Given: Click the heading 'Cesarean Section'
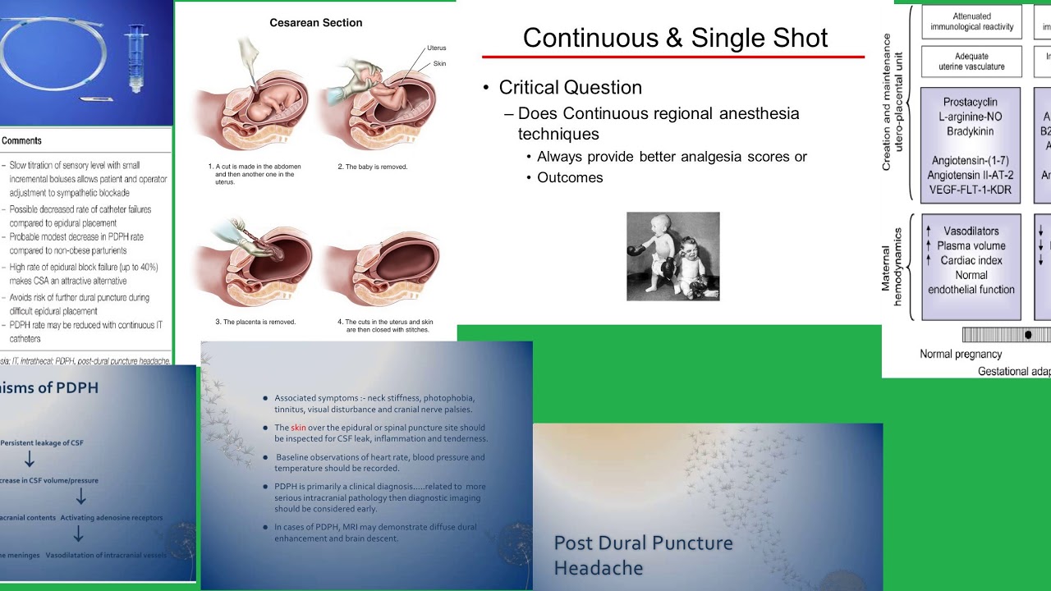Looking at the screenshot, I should pyautogui.click(x=315, y=23).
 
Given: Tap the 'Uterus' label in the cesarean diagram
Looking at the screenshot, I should pyautogui.click(x=436, y=48).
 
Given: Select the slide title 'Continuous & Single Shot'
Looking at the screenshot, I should pyautogui.click(x=675, y=38).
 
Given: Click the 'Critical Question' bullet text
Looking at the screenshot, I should pyautogui.click(x=570, y=88).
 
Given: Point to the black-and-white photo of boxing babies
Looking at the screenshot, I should pyautogui.click(x=672, y=256).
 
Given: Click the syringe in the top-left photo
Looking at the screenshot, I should pyautogui.click(x=135, y=57).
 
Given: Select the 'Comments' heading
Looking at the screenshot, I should pyautogui.click(x=21, y=140).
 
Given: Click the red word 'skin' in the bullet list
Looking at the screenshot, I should pyautogui.click(x=298, y=428).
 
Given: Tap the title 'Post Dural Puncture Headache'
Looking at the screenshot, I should pyautogui.click(x=643, y=555).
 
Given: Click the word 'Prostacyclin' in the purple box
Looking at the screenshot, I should pyautogui.click(x=970, y=103).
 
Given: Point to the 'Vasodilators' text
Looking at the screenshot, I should pyautogui.click(x=971, y=231).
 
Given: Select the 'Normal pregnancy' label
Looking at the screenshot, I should pyautogui.click(x=961, y=355).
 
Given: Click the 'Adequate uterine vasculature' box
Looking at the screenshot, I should pyautogui.click(x=971, y=62).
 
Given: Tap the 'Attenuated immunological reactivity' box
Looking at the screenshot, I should pyautogui.click(x=971, y=21).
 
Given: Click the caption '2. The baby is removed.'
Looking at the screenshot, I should pyautogui.click(x=372, y=167).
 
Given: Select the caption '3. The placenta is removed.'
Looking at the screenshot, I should pyautogui.click(x=255, y=322).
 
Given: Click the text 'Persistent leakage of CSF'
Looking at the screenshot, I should pyautogui.click(x=42, y=443).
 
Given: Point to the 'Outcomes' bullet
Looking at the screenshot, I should pyautogui.click(x=570, y=177).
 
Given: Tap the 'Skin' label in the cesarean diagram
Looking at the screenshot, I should pyautogui.click(x=439, y=63).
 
